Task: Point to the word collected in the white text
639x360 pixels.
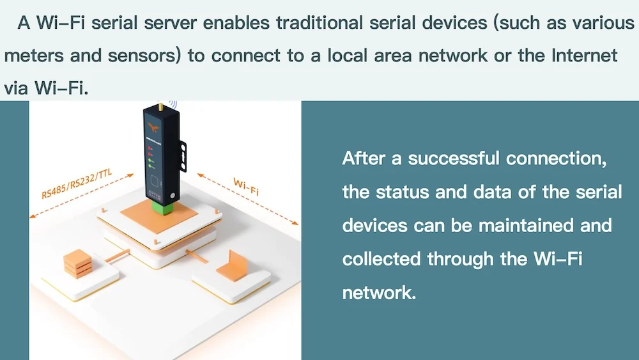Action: [x=381, y=259]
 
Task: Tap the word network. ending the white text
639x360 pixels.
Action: [x=379, y=293]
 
